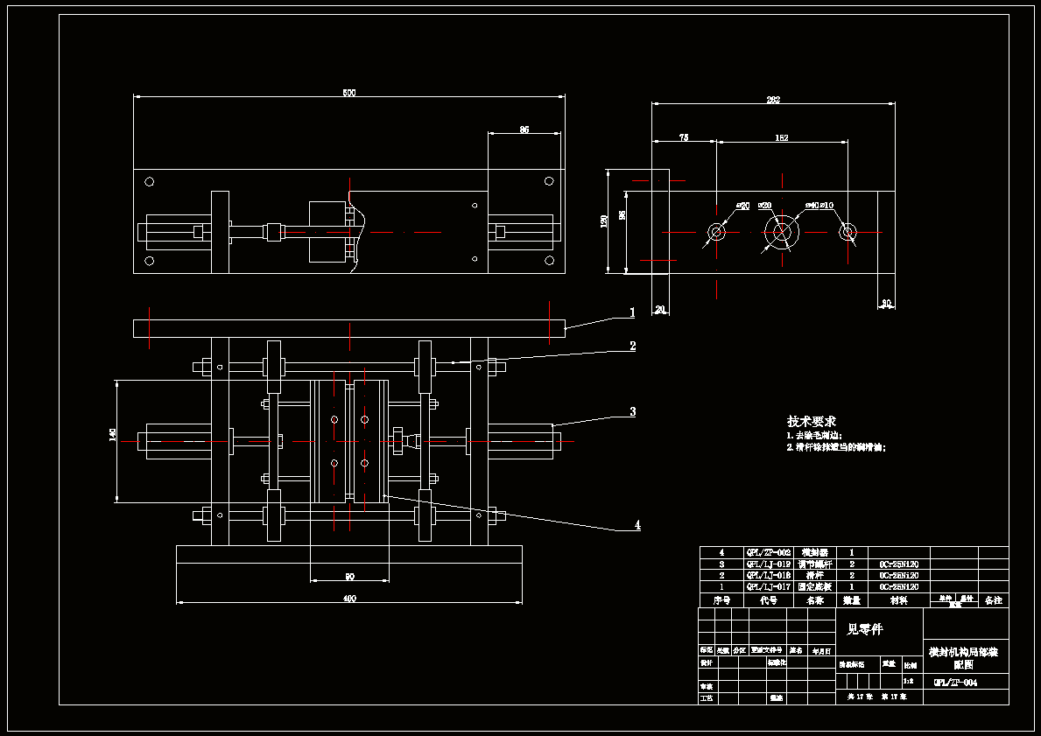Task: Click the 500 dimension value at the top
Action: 348,93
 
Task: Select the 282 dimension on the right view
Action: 773,100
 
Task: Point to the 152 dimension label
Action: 781,137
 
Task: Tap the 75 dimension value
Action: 684,137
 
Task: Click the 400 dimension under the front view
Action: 349,599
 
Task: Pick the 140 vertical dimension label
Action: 112,435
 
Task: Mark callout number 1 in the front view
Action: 631,312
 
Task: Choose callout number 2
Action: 632,346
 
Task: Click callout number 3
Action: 632,411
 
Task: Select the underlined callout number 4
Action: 637,525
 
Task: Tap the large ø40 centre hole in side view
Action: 781,232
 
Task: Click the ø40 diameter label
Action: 812,206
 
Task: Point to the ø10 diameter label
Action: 827,206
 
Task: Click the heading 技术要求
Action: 811,421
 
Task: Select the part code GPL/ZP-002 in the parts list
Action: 768,553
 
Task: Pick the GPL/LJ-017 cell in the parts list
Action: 768,587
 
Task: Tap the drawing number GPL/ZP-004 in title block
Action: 955,683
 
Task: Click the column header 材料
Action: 898,601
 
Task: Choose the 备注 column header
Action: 993,601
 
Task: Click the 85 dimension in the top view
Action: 524,130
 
